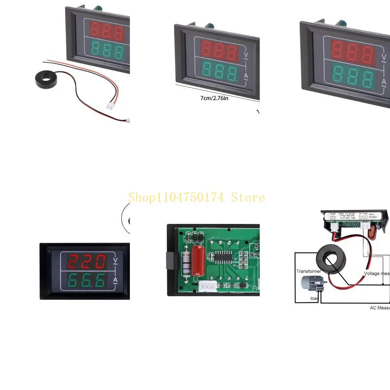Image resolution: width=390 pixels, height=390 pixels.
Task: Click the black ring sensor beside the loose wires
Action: pyautogui.click(x=45, y=81)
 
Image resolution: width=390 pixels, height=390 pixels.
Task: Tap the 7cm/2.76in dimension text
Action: pyautogui.click(x=214, y=98)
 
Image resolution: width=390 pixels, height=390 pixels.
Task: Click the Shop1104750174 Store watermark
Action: pyautogui.click(x=196, y=197)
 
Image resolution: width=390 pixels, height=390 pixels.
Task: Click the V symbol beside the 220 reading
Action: pyautogui.click(x=115, y=261)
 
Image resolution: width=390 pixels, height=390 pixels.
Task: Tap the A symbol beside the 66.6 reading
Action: pyautogui.click(x=115, y=281)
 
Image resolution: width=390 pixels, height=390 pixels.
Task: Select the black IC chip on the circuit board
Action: pyautogui.click(x=225, y=257)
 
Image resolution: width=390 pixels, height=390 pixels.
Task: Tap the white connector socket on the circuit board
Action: pyautogui.click(x=208, y=286)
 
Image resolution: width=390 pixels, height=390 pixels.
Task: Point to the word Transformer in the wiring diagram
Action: pyautogui.click(x=308, y=272)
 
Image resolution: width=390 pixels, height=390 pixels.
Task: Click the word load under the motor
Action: pyautogui.click(x=314, y=298)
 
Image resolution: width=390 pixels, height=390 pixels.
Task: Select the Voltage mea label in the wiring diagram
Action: pyautogui.click(x=377, y=273)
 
